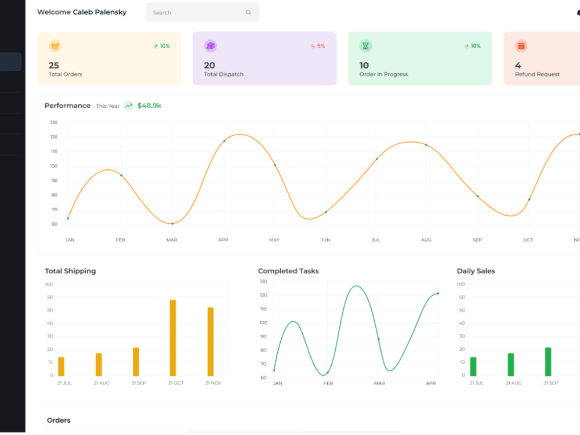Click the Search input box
pyautogui.click(x=202, y=12)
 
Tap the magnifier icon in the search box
pyautogui.click(x=248, y=12)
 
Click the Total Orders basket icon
pyautogui.click(x=55, y=46)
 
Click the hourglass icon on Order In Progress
pyautogui.click(x=365, y=46)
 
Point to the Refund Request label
pyautogui.click(x=537, y=74)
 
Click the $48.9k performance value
pyautogui.click(x=149, y=106)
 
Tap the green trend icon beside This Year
pyautogui.click(x=128, y=106)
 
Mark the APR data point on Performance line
pyautogui.click(x=224, y=141)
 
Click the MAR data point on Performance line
pyautogui.click(x=172, y=223)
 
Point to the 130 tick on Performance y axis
pyautogui.click(x=53, y=122)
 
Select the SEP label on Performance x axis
pyautogui.click(x=477, y=240)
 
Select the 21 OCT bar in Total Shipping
pyautogui.click(x=173, y=338)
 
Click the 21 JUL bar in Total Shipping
pyautogui.click(x=61, y=367)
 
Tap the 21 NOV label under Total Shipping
pyautogui.click(x=213, y=383)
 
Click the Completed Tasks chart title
pyautogui.click(x=288, y=271)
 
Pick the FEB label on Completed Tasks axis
pyautogui.click(x=328, y=383)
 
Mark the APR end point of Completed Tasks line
pyautogui.click(x=438, y=293)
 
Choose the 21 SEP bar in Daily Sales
pyautogui.click(x=548, y=362)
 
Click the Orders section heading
pyautogui.click(x=59, y=420)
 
